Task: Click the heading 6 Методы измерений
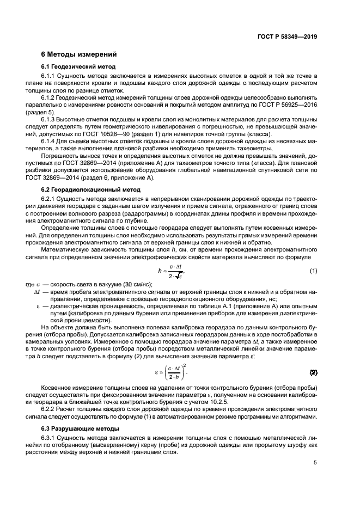(x=78, y=55)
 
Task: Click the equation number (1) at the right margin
(x=313, y=271)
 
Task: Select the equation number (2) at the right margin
(x=313, y=373)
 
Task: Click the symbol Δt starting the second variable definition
(x=38, y=292)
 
